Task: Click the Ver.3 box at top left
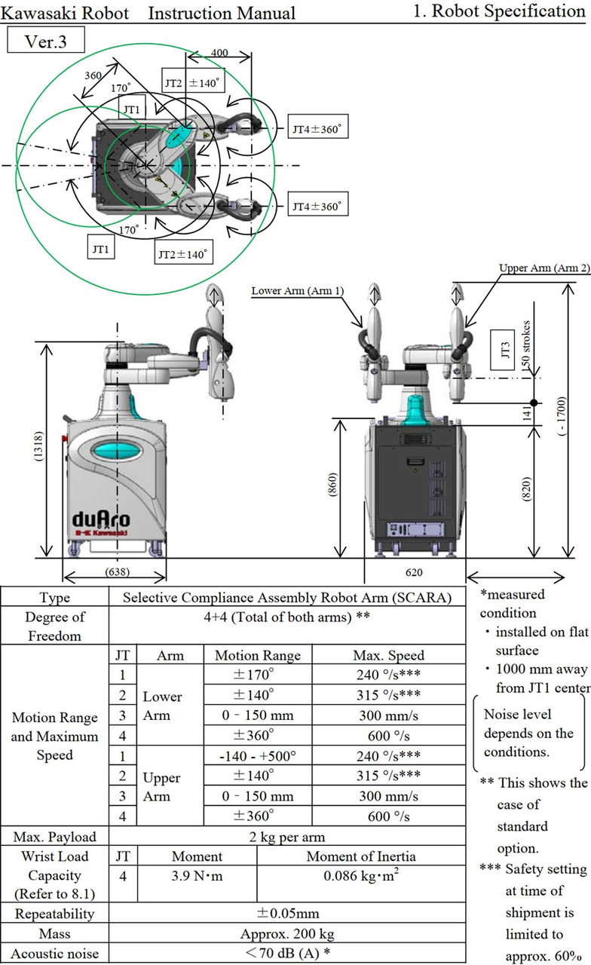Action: pos(45,41)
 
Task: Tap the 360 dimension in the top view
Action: pos(94,77)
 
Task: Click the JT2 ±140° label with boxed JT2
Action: pos(193,81)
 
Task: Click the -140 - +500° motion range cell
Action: pos(257,752)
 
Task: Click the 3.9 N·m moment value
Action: pos(197,876)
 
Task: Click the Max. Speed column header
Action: pos(388,655)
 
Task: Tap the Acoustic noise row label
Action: pos(55,953)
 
